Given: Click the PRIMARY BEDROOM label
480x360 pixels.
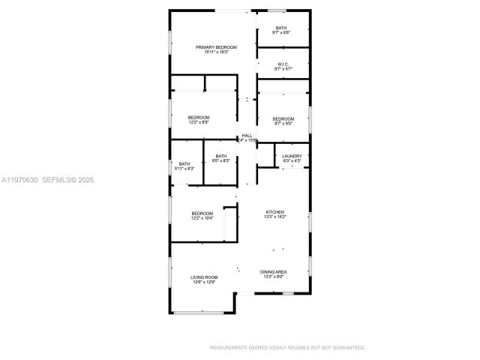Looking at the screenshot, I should point(211,46).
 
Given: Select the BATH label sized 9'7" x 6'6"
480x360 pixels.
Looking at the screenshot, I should point(281,28).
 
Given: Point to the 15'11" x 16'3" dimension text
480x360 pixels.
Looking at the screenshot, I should point(211,52).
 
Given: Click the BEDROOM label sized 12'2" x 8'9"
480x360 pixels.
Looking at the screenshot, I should point(199,117).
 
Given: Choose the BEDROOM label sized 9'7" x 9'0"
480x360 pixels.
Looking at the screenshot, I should point(283,118).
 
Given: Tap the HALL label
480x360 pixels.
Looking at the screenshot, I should point(247,136).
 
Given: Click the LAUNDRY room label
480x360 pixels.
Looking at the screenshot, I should point(292,156).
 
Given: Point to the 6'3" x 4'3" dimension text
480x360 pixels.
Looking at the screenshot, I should point(292,160).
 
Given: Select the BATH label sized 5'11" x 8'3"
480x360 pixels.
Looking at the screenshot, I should point(184,163).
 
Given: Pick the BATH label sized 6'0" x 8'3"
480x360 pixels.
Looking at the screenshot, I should point(221,156).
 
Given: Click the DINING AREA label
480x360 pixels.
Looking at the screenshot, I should point(274,271).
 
